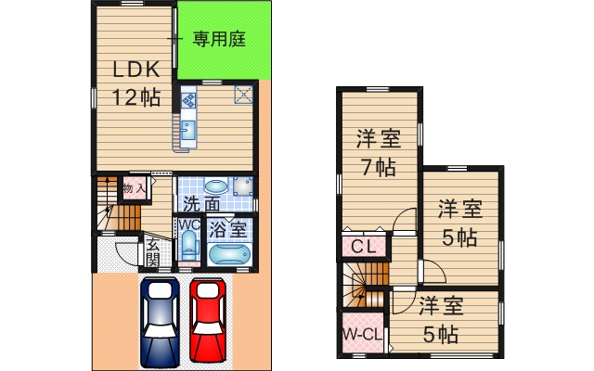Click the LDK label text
click(137, 70)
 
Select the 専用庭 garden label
click(219, 39)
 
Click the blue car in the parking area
click(162, 321)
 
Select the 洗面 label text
click(201, 203)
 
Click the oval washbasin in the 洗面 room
click(214, 185)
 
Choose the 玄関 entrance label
click(149, 250)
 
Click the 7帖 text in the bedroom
click(379, 168)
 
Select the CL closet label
click(362, 247)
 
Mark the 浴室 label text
click(228, 227)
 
